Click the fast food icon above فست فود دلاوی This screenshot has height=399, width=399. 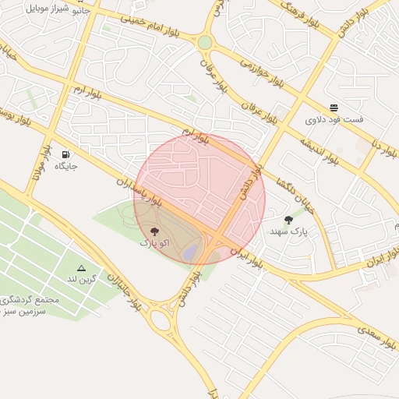(x=334, y=108)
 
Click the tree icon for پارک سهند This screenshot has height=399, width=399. (x=289, y=220)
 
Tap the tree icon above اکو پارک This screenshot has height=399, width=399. (x=154, y=231)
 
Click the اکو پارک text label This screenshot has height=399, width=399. (x=154, y=243)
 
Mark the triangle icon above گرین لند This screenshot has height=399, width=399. (x=81, y=267)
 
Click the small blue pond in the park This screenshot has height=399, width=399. (x=189, y=252)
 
